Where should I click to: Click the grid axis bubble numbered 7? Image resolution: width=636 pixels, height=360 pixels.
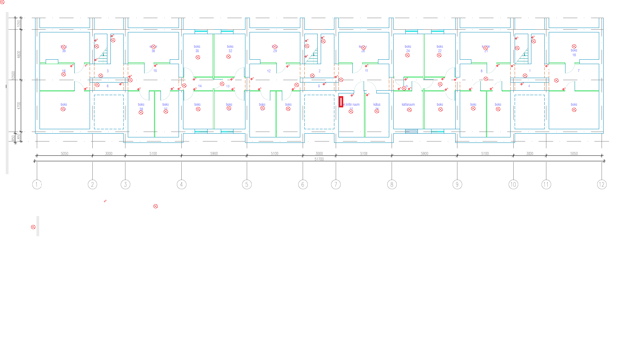pos(336,184)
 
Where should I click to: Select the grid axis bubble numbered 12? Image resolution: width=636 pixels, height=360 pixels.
pos(602,184)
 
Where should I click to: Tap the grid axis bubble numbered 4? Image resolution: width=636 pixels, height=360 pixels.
pos(181,184)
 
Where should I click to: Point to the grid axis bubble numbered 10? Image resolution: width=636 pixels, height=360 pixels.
pos(513,184)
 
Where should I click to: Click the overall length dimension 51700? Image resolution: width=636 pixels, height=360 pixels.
pos(319,159)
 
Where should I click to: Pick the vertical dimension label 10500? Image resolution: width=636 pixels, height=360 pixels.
pos(13,76)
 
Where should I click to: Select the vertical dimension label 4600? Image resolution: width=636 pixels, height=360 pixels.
pos(19,54)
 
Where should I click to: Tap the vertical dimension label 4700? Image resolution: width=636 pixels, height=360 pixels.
pos(19,105)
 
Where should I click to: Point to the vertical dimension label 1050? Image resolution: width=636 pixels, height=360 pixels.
pos(19,23)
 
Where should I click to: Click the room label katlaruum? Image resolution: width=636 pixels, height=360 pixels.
pos(408,105)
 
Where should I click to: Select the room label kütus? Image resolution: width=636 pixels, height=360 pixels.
pos(377,105)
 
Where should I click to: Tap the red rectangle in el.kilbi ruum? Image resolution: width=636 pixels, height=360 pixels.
pos(341,102)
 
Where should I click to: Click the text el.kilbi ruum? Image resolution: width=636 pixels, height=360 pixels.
pos(351,105)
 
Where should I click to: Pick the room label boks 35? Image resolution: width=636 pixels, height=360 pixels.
pos(197,48)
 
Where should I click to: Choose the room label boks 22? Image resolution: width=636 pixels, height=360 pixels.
pos(440,48)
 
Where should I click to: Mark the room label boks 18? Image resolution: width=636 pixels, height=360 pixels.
pos(574,52)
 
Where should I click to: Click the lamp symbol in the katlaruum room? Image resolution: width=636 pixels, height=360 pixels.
pos(409,110)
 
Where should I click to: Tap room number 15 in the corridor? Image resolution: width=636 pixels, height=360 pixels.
pos(155,71)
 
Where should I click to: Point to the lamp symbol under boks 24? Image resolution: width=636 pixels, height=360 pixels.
pos(407,55)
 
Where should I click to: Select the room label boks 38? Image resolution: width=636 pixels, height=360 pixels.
pos(141,106)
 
